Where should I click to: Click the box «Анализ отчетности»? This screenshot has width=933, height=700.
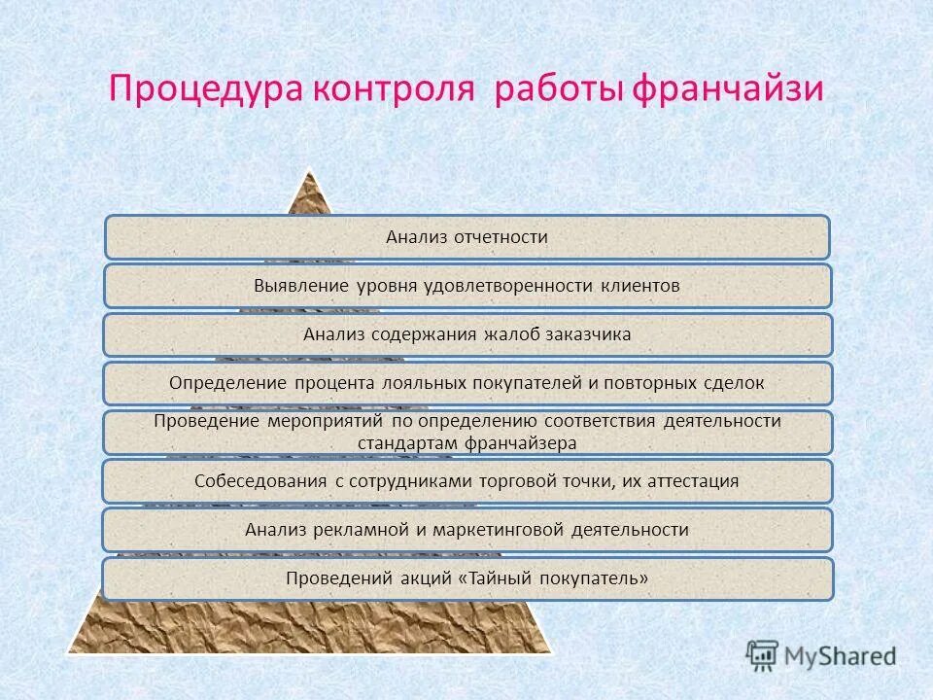466,237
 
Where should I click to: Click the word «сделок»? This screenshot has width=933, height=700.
735,383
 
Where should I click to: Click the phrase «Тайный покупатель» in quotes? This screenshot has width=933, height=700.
553,578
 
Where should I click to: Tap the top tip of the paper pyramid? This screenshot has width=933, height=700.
310,174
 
